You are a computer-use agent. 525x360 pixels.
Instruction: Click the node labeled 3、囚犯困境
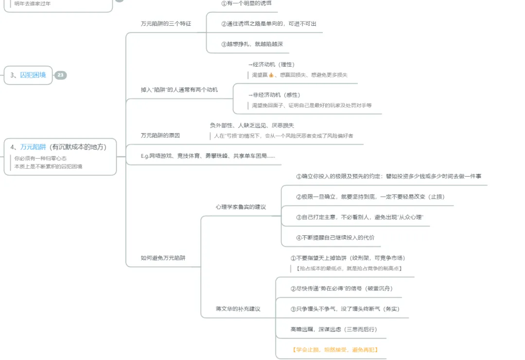tap(28, 75)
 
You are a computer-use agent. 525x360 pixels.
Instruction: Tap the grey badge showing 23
tap(60, 75)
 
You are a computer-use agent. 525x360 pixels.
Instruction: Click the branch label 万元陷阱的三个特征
tap(166, 23)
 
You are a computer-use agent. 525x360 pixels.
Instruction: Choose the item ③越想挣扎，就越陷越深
tap(252, 44)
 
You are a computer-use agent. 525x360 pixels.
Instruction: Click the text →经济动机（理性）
tap(271, 64)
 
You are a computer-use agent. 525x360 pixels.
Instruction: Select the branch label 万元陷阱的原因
tap(160, 135)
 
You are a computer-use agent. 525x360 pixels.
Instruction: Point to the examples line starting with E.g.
tap(208, 156)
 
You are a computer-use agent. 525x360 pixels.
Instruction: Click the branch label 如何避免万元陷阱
tap(163, 258)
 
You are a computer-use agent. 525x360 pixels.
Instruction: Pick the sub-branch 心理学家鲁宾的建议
tap(241, 207)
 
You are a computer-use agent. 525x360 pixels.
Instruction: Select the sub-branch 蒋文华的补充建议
tap(238, 309)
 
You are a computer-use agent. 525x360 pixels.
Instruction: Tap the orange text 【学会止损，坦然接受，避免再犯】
tap(335, 349)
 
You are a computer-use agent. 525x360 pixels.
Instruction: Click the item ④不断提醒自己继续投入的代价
tap(335, 238)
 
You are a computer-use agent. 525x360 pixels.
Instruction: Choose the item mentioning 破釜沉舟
tap(341, 288)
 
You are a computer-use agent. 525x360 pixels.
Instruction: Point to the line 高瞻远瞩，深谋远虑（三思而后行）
tap(333, 329)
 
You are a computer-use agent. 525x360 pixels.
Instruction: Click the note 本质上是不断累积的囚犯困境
tap(48, 166)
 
